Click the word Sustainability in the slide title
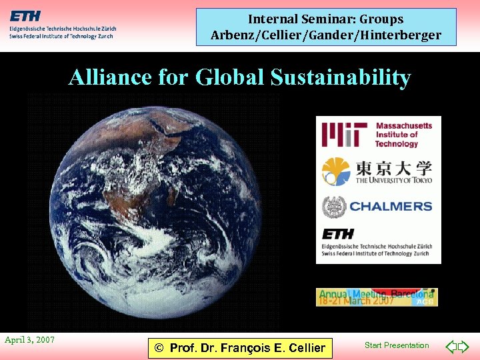coord(341,77)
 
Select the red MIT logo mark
coord(344,134)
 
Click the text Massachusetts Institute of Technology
coord(404,134)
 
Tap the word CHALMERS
coord(391,207)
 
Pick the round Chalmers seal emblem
coord(333,207)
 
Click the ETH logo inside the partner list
coord(338,235)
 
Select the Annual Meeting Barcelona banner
coord(377,297)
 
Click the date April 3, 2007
coord(30,340)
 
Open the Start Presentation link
coord(397,345)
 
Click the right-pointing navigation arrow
coord(464,347)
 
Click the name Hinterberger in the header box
coord(403,35)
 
